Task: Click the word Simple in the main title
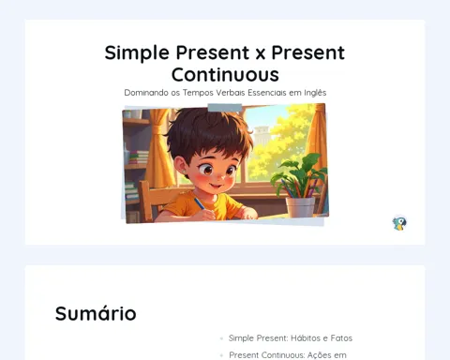pyautogui.click(x=137, y=52)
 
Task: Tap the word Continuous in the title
pyautogui.click(x=225, y=75)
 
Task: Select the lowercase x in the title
pyautogui.click(x=260, y=54)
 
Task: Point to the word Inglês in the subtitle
pyautogui.click(x=315, y=93)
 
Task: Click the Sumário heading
pyautogui.click(x=96, y=313)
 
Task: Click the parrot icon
pyautogui.click(x=399, y=223)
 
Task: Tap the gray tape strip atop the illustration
pyautogui.click(x=225, y=108)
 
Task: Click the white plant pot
pyautogui.click(x=300, y=207)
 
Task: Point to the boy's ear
pyautogui.click(x=180, y=166)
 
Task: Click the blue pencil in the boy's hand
pyautogui.click(x=201, y=204)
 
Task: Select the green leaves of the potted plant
pyautogui.click(x=297, y=172)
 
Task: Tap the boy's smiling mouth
pyautogui.click(x=216, y=187)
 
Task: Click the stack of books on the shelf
pyautogui.click(x=139, y=157)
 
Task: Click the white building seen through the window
pyautogui.click(x=262, y=135)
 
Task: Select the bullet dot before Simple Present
pyautogui.click(x=221, y=338)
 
